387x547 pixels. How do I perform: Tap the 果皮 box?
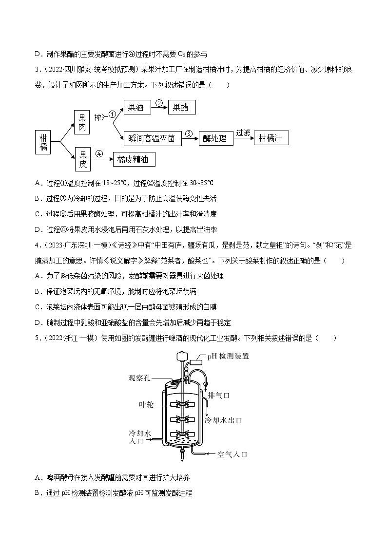coord(82,159)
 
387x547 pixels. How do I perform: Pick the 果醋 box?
coord(181,108)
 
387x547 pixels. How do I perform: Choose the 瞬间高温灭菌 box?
coord(152,138)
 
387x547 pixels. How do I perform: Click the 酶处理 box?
coord(214,138)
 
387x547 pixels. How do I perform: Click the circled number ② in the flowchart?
coord(158,103)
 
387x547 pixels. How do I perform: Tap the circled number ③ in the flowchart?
coord(189,133)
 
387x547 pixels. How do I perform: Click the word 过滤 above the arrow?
coord(243,132)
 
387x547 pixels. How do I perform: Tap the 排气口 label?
coord(218,395)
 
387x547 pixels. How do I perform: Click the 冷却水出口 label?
coord(223,420)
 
